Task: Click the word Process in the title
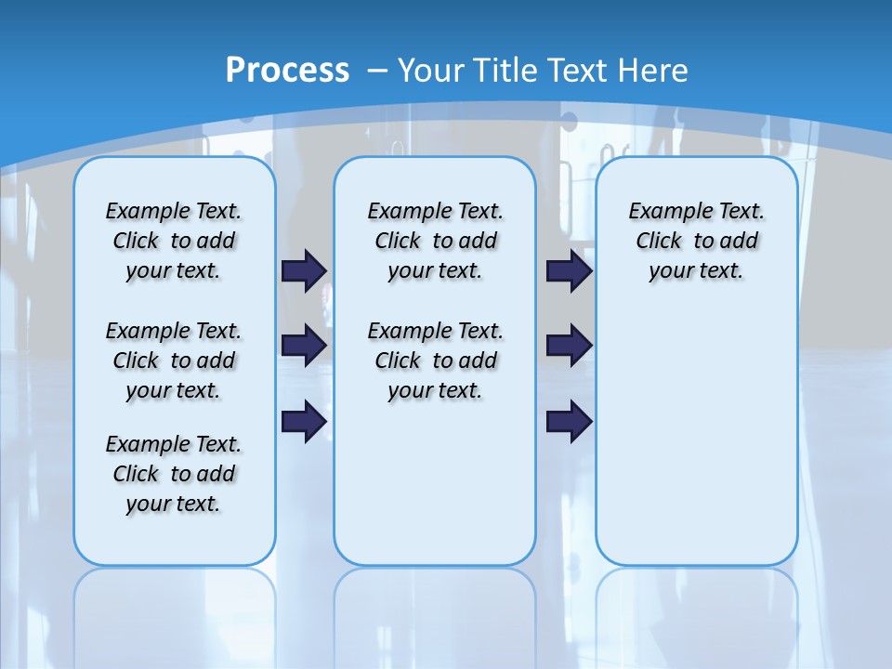(x=287, y=70)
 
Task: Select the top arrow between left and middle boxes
(x=304, y=270)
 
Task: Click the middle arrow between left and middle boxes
(x=304, y=346)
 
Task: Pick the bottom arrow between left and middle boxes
(x=304, y=421)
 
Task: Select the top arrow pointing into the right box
(x=569, y=270)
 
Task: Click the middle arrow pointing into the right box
(x=569, y=346)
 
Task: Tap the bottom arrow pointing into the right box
(x=569, y=421)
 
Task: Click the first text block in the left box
(x=174, y=241)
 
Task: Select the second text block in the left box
(x=174, y=361)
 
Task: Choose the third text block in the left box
(x=174, y=474)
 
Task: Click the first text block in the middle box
(x=435, y=241)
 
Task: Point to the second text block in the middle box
(x=435, y=361)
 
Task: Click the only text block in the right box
(x=696, y=241)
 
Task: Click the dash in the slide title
(x=377, y=70)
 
